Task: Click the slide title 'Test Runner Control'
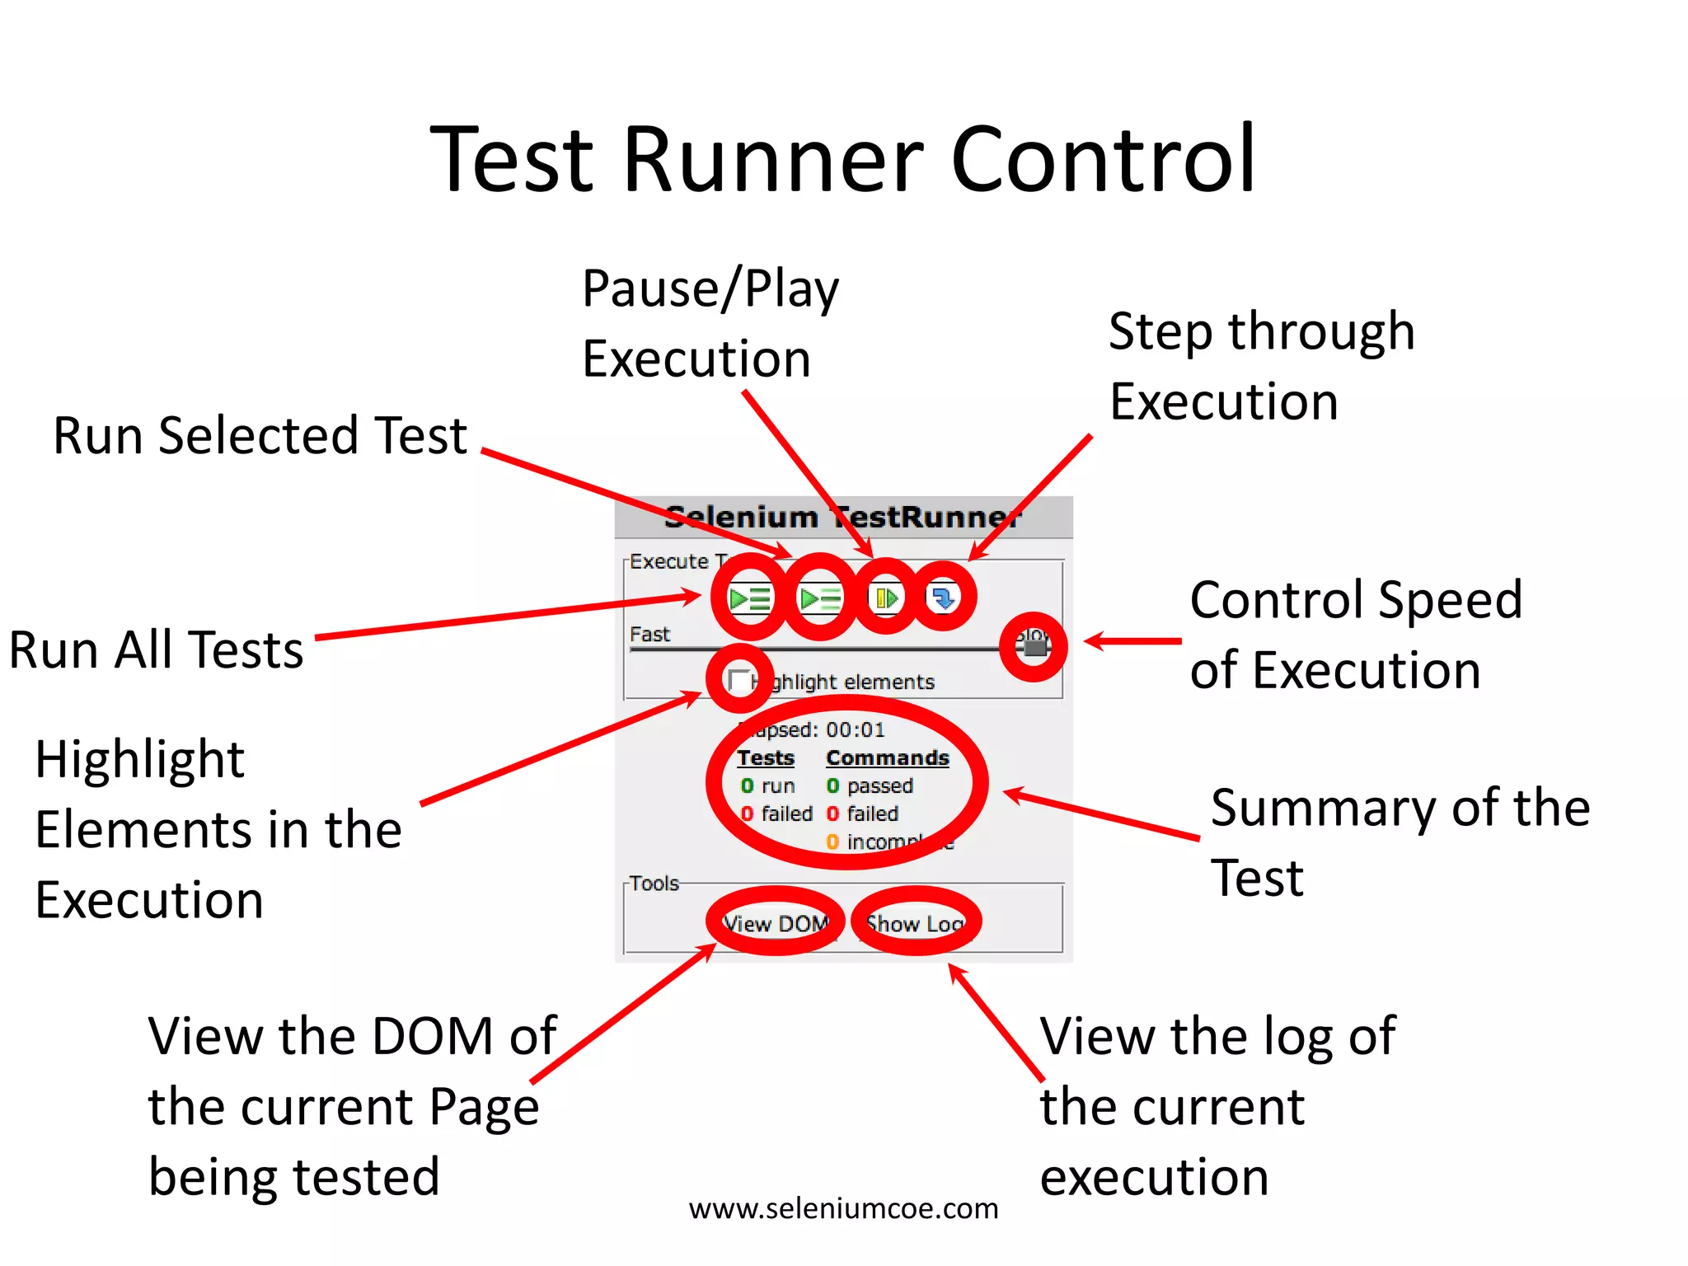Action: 842,159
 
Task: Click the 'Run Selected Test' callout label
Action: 260,435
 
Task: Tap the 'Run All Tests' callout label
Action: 157,649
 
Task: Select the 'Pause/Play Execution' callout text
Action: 710,323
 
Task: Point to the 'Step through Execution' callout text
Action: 1261,366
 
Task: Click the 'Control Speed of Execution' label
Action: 1355,634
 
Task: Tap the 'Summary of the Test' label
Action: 1400,842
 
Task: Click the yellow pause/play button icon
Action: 886,598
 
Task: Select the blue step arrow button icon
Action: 943,598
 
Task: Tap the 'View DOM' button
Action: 776,923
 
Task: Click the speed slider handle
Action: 1034,648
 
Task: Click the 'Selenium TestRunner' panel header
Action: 843,517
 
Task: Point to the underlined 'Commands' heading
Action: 887,757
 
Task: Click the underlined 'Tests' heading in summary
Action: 765,757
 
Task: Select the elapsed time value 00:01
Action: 856,729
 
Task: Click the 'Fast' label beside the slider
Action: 649,635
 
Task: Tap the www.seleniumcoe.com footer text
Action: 843,1208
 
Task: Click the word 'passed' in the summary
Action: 879,785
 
